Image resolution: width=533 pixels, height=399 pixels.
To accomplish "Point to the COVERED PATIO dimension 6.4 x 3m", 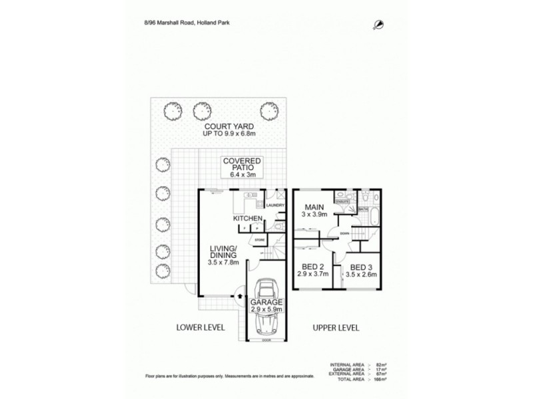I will point(242,175).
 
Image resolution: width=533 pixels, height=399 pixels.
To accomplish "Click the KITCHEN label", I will point(247,218).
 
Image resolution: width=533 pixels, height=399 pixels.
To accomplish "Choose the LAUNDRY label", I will point(276,205).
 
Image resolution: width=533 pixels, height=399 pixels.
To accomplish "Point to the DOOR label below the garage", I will point(266,340).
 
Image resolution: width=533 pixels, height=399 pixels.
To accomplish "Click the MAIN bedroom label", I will point(316,207).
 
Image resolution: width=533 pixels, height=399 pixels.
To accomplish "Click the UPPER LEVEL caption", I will point(336,328).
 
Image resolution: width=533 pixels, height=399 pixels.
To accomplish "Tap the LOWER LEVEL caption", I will point(200,328).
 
